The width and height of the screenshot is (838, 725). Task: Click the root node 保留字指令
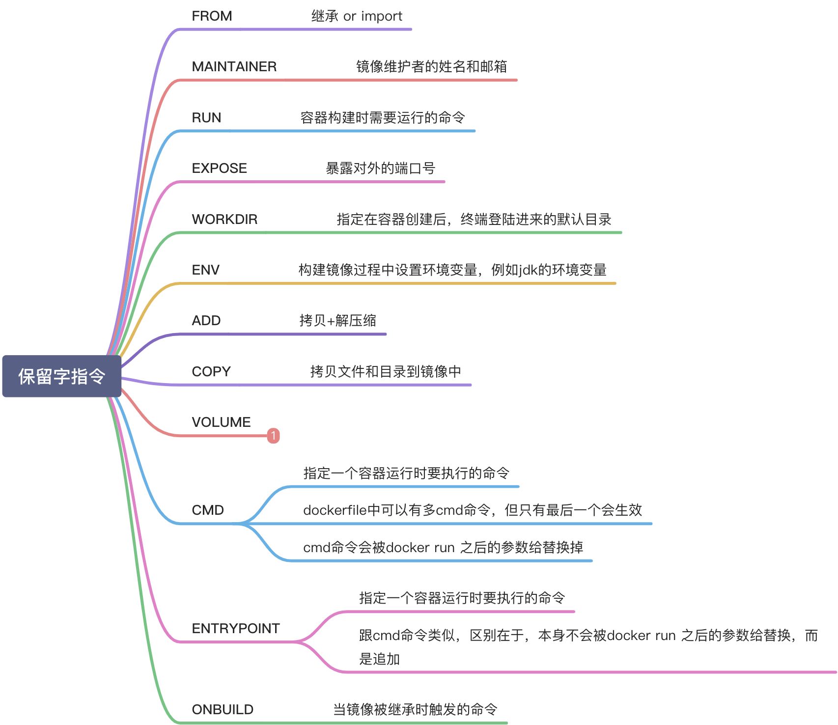pyautogui.click(x=62, y=376)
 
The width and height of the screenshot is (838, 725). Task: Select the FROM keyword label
pyautogui.click(x=212, y=16)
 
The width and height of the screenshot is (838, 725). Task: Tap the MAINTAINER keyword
pyautogui.click(x=234, y=67)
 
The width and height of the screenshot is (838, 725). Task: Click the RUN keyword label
pyautogui.click(x=206, y=118)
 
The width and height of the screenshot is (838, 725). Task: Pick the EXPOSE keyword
pyautogui.click(x=219, y=168)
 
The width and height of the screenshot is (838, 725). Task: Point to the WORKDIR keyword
pyautogui.click(x=224, y=220)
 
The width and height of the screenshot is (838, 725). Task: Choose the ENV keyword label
pyautogui.click(x=205, y=270)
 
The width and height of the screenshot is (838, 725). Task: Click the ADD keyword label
pyautogui.click(x=206, y=321)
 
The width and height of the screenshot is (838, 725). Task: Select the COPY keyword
pyautogui.click(x=211, y=372)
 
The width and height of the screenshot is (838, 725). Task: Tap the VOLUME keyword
pyautogui.click(x=221, y=422)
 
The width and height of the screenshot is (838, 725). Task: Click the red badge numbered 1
pyautogui.click(x=274, y=436)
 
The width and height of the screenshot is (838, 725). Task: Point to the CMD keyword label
pyautogui.click(x=208, y=510)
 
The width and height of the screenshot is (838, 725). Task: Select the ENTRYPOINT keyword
pyautogui.click(x=236, y=629)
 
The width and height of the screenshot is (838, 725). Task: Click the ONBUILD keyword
pyautogui.click(x=223, y=710)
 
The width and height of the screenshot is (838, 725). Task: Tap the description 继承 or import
pyautogui.click(x=357, y=16)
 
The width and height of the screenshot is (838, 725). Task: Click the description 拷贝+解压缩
pyautogui.click(x=338, y=321)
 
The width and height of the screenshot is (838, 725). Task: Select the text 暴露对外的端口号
pyautogui.click(x=381, y=168)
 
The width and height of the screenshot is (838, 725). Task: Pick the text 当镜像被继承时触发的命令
pyautogui.click(x=415, y=710)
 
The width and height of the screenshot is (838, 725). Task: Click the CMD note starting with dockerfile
pyautogui.click(x=473, y=510)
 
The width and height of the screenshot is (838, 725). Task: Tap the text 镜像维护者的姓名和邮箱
pyautogui.click(x=431, y=67)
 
